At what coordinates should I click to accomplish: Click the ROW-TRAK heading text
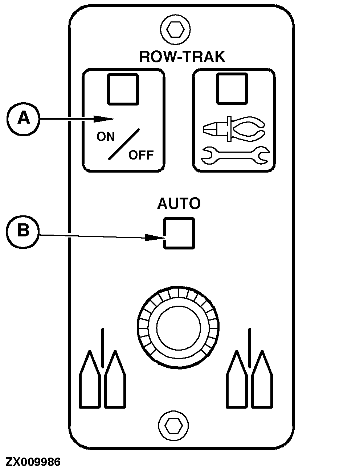click(x=182, y=57)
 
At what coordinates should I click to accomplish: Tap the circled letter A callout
click(x=24, y=118)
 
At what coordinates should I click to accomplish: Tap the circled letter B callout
click(x=24, y=231)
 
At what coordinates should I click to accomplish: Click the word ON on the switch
click(x=106, y=137)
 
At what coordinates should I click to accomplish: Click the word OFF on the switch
click(x=141, y=155)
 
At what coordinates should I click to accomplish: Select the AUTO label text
click(x=179, y=204)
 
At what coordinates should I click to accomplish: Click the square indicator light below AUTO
click(x=179, y=233)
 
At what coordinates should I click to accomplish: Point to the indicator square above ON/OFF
click(x=123, y=89)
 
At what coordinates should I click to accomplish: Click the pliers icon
click(x=233, y=129)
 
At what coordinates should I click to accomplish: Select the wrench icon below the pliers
click(x=234, y=155)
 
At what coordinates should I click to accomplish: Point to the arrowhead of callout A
click(x=107, y=119)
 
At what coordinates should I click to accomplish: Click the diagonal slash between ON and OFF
click(x=123, y=144)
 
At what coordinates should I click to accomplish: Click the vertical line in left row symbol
click(x=103, y=347)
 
